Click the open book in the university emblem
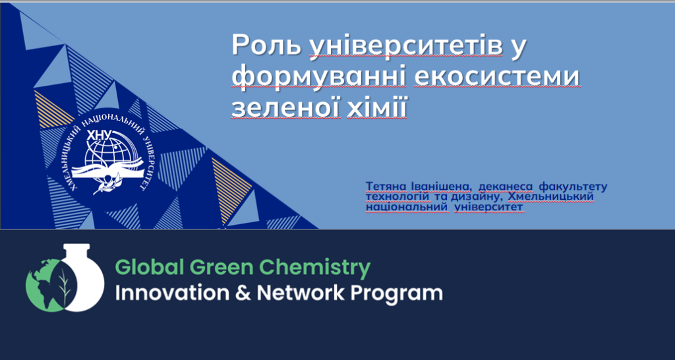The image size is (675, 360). point(107,170)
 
